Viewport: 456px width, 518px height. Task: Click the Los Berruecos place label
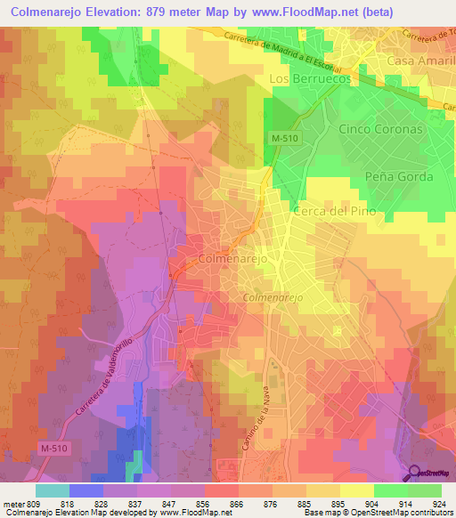(310, 78)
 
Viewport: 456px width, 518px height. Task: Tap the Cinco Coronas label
(381, 128)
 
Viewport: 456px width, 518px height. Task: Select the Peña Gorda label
(399, 176)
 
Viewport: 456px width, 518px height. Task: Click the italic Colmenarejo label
(273, 297)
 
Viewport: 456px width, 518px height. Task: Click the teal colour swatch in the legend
(52, 490)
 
